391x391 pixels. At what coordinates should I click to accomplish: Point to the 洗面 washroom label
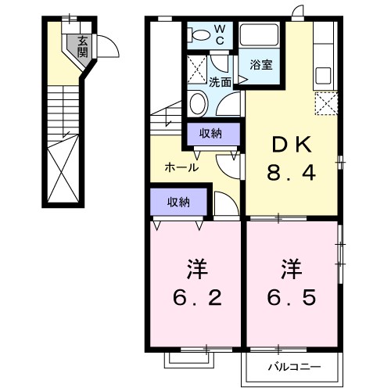(220, 81)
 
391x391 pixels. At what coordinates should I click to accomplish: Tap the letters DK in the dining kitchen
(292, 145)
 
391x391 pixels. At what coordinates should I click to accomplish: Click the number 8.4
(292, 173)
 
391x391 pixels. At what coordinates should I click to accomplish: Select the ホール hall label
(181, 167)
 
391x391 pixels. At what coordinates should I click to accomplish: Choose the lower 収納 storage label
(179, 202)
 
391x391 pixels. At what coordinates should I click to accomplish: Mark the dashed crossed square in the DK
(326, 103)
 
